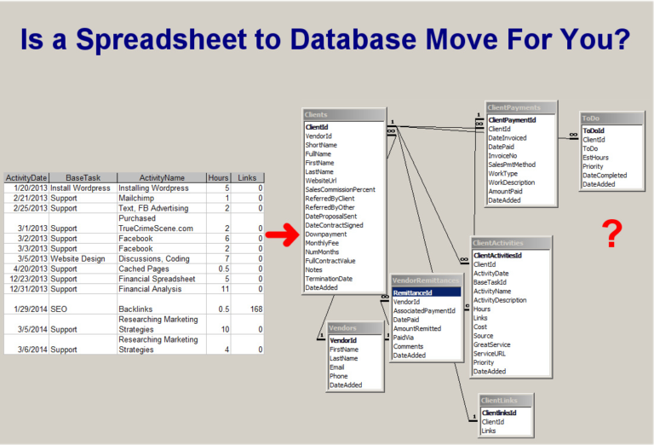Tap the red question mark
(610, 234)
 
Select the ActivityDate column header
(26, 178)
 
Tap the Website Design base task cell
(78, 259)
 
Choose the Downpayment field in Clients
(325, 234)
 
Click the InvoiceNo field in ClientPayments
(505, 156)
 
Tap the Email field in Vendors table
(338, 367)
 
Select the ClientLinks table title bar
(506, 400)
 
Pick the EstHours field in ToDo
(597, 157)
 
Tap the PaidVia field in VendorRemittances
(404, 338)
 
